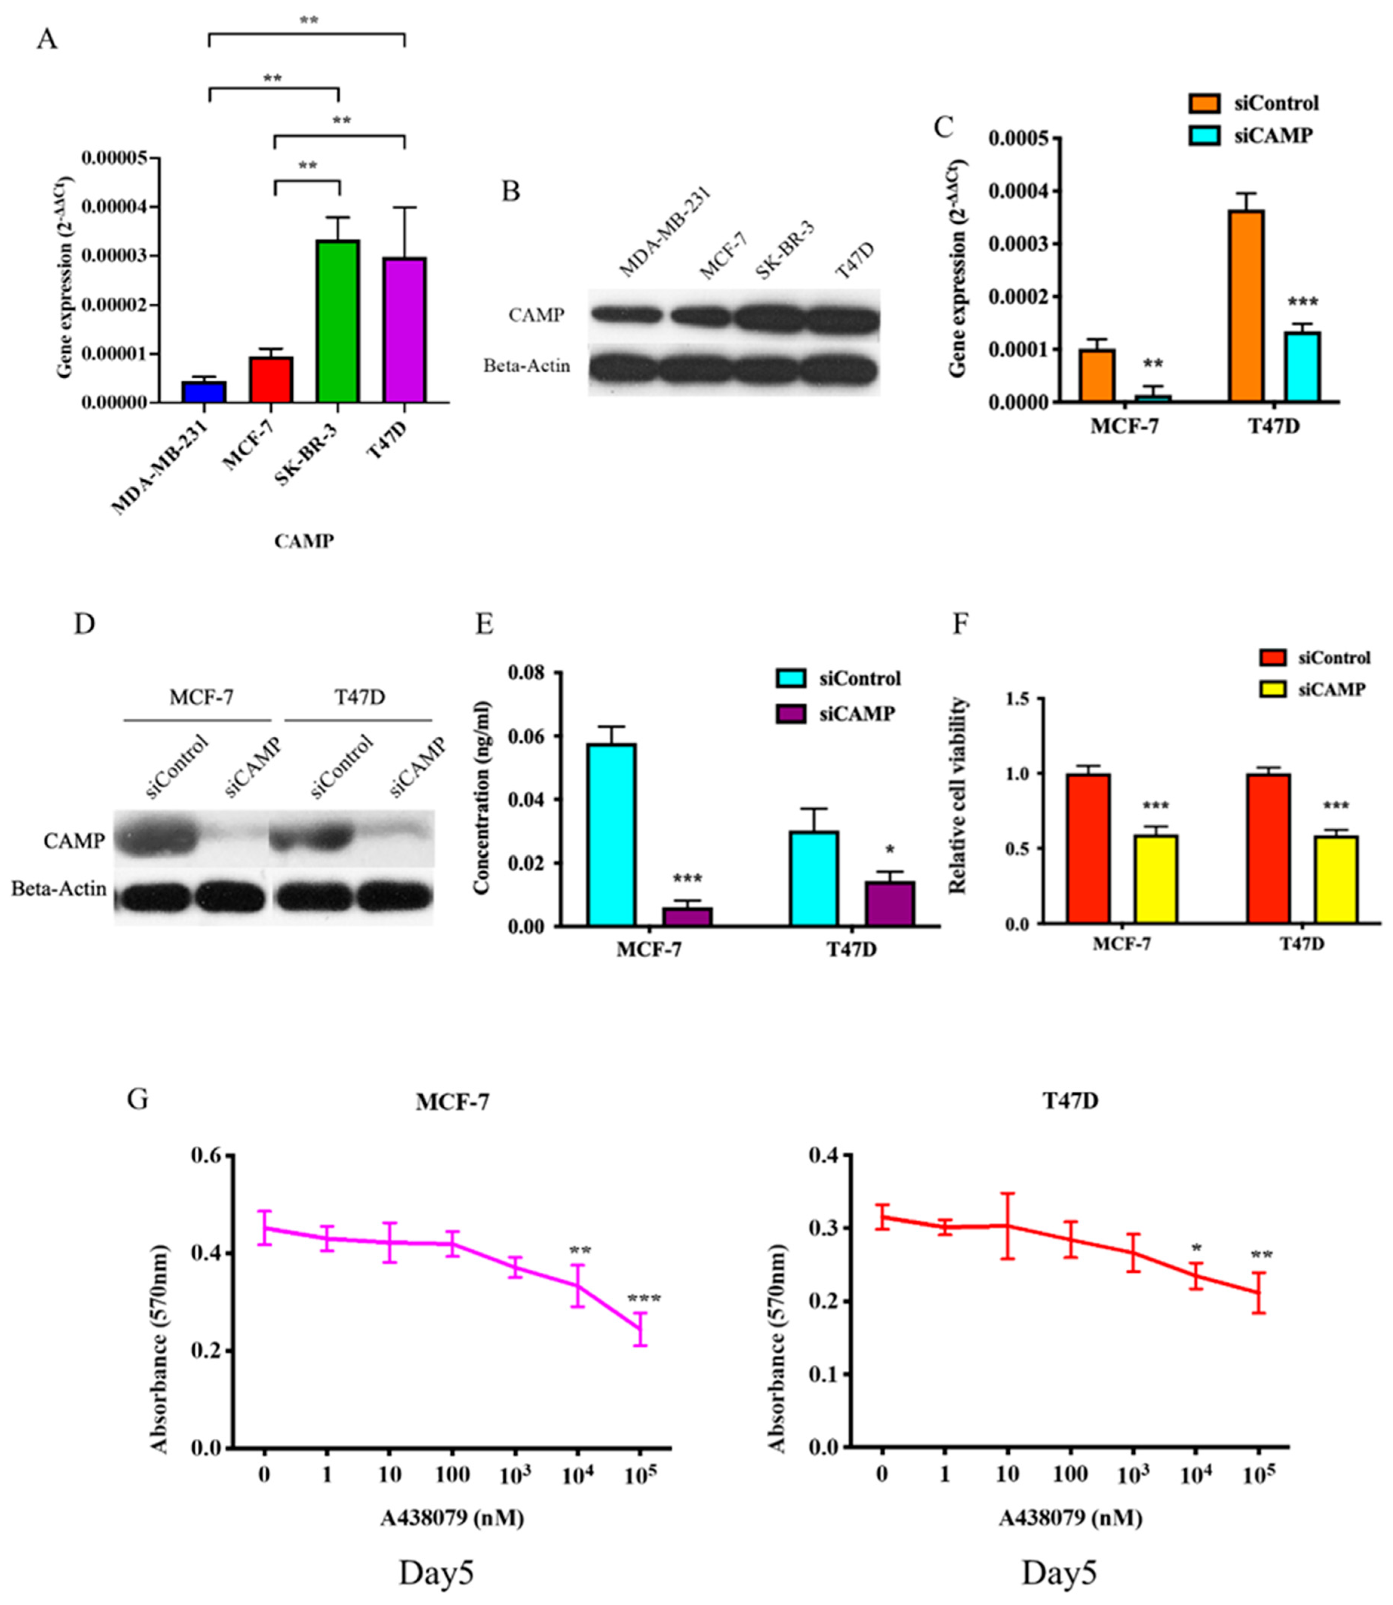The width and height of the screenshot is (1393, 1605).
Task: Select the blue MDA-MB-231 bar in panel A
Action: tap(204, 392)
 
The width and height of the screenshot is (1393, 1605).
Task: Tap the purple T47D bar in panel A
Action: tap(404, 330)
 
